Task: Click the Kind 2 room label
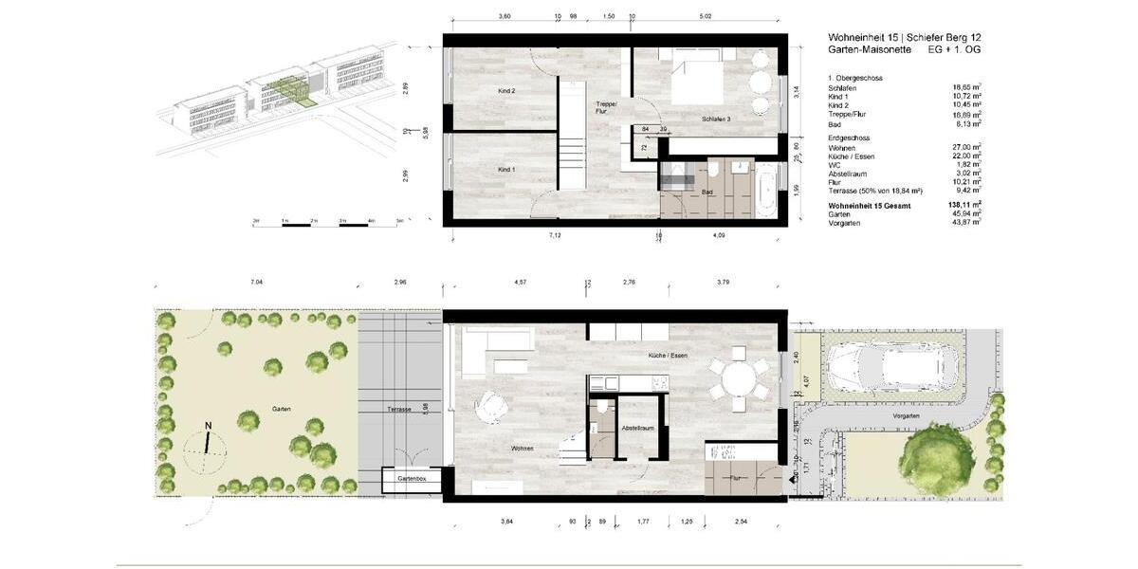pyautogui.click(x=506, y=91)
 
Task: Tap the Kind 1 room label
pyautogui.click(x=506, y=170)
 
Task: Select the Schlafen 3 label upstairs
pyautogui.click(x=716, y=119)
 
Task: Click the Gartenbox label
pyautogui.click(x=413, y=480)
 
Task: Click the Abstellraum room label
pyautogui.click(x=638, y=428)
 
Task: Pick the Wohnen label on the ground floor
pyautogui.click(x=523, y=448)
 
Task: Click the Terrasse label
pyautogui.click(x=399, y=409)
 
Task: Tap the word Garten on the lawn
pyautogui.click(x=281, y=409)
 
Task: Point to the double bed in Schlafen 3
pyautogui.click(x=707, y=85)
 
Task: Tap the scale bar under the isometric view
pyautogui.click(x=328, y=222)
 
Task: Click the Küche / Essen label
pyautogui.click(x=669, y=355)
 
